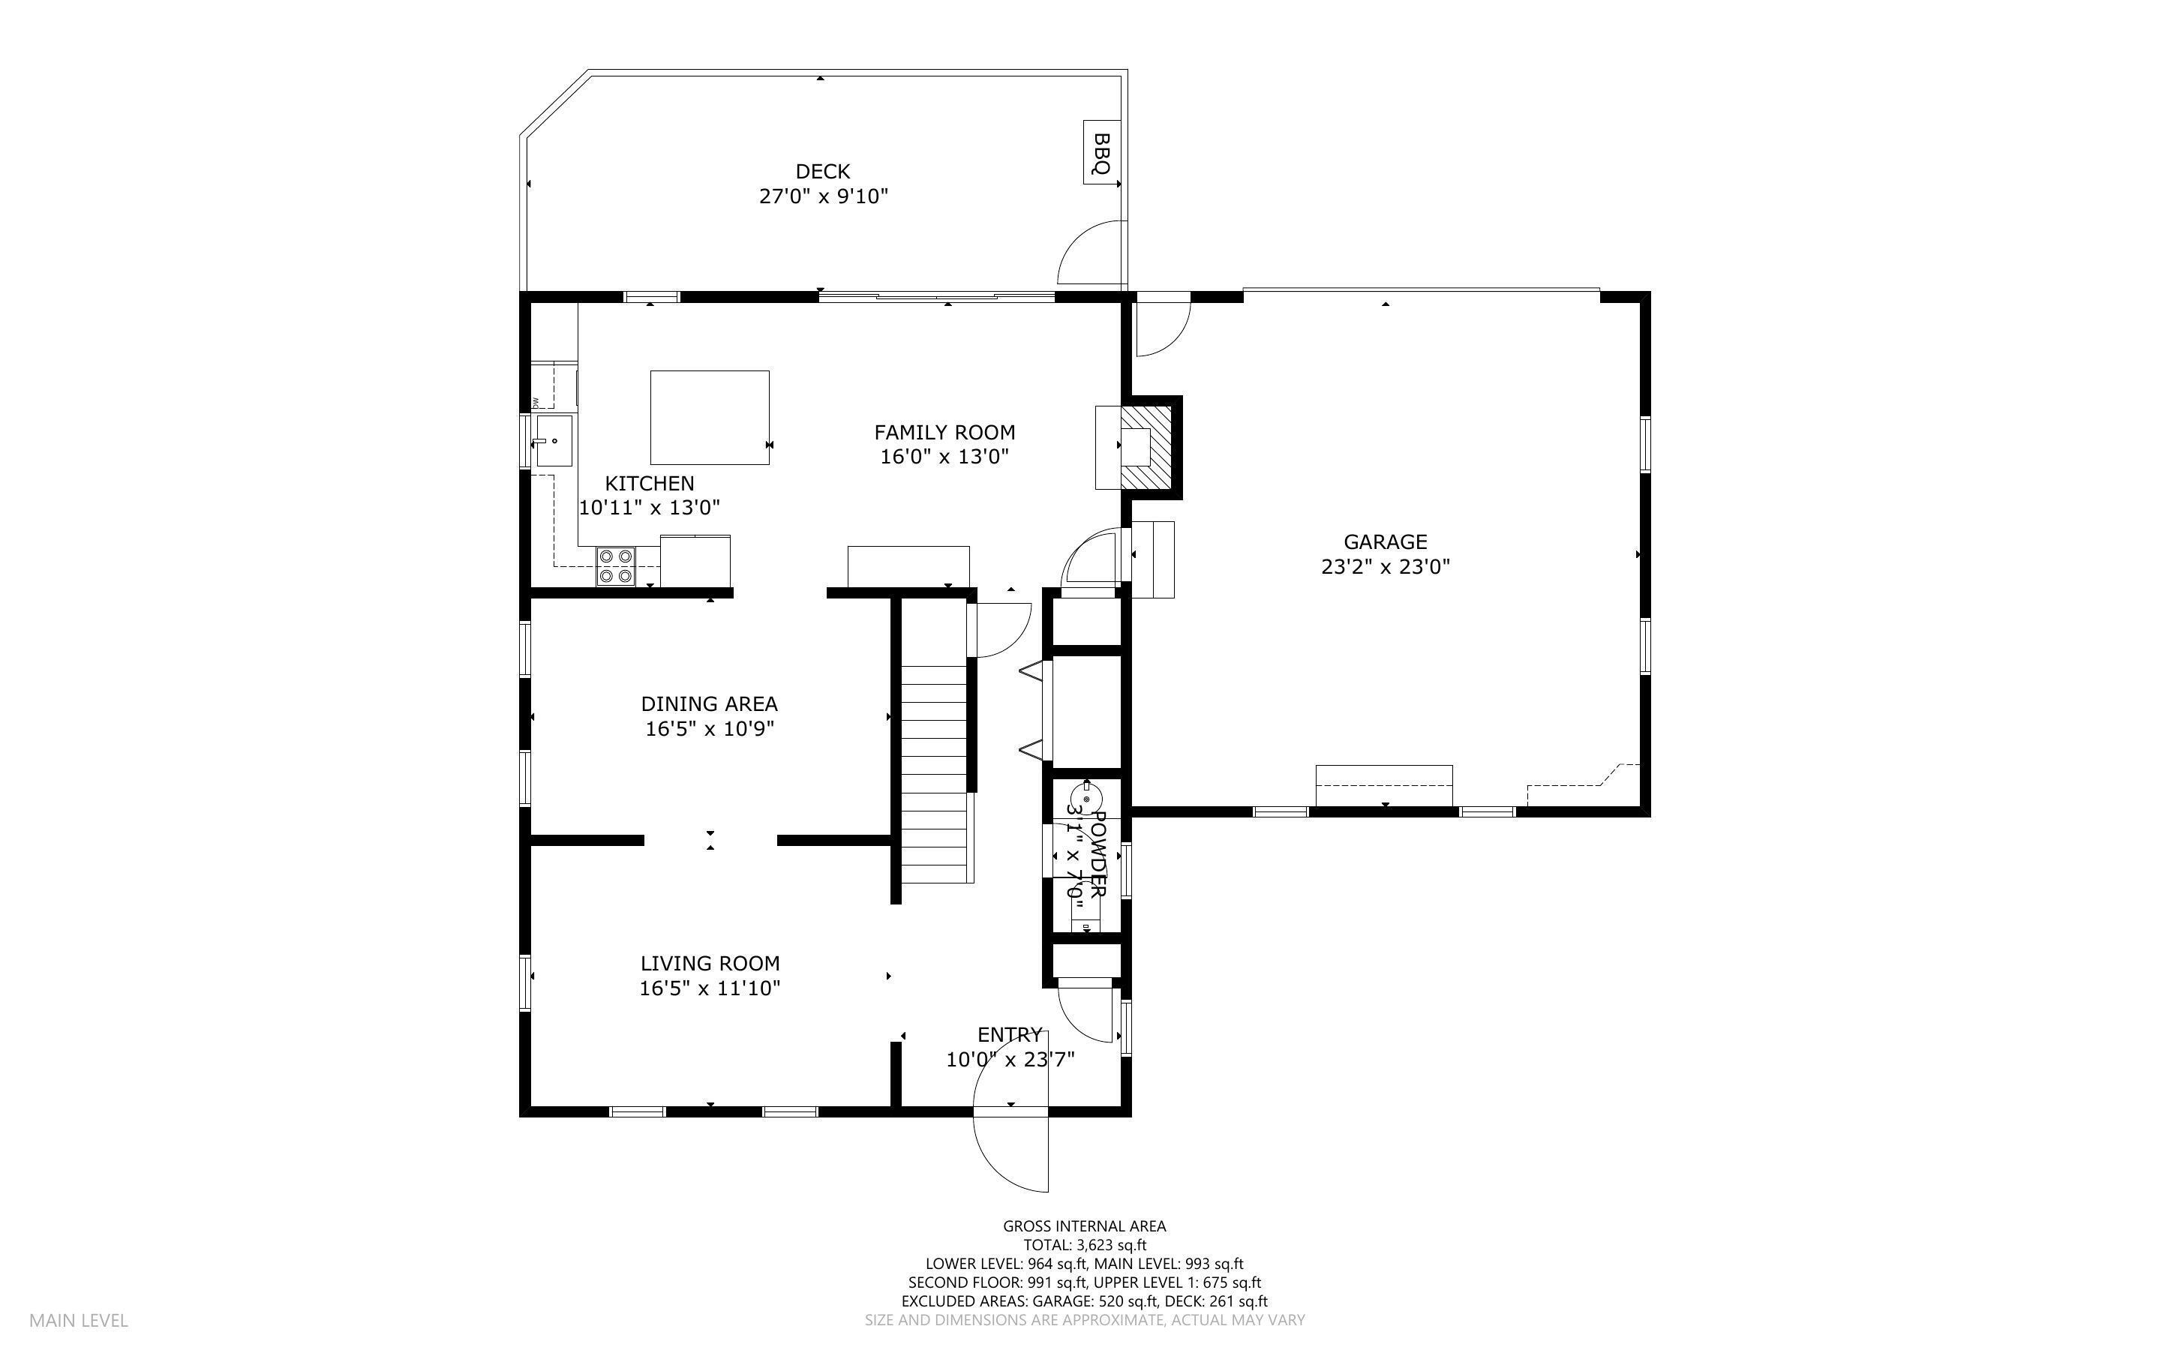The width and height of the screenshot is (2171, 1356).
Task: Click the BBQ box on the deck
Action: (x=1101, y=152)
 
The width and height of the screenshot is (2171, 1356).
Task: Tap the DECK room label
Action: (x=822, y=171)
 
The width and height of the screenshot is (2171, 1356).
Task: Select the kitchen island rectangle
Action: (x=710, y=417)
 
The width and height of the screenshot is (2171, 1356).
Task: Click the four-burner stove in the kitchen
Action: (x=615, y=566)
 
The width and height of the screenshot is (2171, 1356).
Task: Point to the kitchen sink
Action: (x=554, y=440)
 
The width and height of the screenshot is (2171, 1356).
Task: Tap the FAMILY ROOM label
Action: (x=944, y=432)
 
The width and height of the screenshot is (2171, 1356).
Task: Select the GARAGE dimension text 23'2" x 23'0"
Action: (x=1385, y=567)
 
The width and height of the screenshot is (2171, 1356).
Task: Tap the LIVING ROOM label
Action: (x=710, y=963)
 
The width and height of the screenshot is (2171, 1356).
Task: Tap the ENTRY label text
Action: (x=1009, y=1034)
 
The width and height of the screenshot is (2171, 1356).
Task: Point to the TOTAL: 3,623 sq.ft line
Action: (x=1084, y=1245)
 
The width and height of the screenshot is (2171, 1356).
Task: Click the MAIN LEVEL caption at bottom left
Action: (x=79, y=1320)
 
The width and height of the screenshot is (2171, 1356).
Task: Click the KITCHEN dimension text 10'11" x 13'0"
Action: (x=649, y=508)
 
